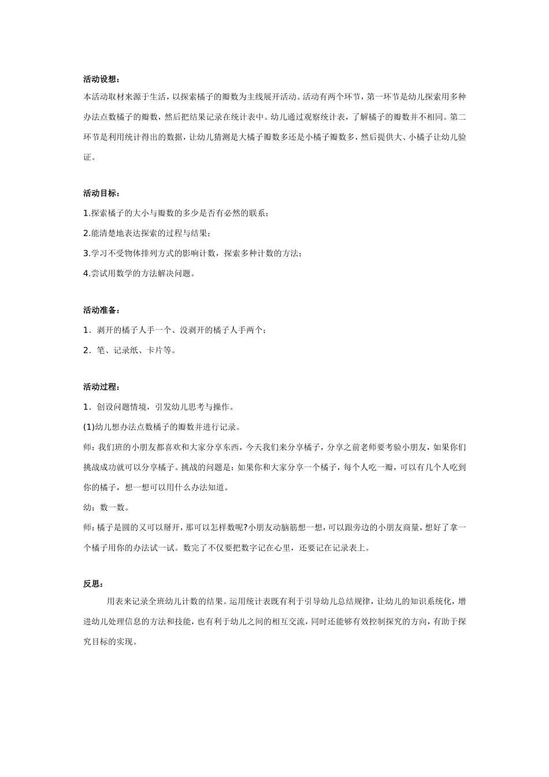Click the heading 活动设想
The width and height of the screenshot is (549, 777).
tap(101, 79)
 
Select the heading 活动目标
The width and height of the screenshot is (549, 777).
tap(101, 193)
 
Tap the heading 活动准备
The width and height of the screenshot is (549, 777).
tap(101, 310)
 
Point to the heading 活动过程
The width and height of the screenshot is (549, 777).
tap(101, 387)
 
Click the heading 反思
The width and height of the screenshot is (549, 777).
tap(93, 584)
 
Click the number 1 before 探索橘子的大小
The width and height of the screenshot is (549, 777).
tap(86, 213)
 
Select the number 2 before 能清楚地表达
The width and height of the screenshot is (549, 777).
tap(86, 234)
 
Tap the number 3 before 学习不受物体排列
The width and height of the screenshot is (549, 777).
tap(86, 253)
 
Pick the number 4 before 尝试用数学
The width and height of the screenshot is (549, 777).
tap(86, 273)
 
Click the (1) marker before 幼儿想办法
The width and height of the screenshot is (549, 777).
tap(89, 427)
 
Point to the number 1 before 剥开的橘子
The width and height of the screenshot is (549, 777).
tap(86, 330)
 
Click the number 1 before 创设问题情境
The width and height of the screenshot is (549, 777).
tap(86, 407)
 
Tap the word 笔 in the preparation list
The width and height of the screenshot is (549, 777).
tap(101, 350)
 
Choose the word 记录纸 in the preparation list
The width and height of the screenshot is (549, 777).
tap(124, 350)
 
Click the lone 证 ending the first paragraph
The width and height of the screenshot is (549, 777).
tap(87, 157)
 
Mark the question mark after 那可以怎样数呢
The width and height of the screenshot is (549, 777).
tap(245, 527)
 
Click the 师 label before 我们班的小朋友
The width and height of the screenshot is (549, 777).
tap(87, 447)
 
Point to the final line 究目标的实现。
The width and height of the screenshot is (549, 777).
tap(110, 642)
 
